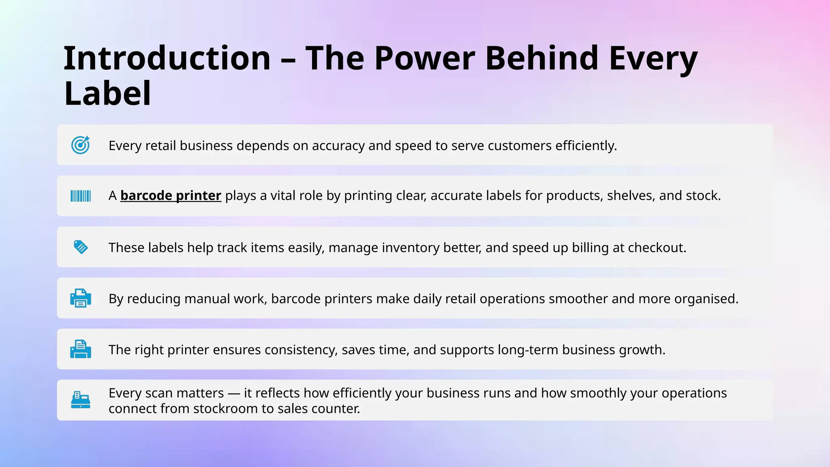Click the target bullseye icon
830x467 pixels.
click(80, 145)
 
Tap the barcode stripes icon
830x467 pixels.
click(81, 196)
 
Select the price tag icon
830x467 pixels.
click(81, 247)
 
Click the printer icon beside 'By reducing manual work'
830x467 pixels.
click(81, 298)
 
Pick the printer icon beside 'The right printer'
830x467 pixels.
click(81, 349)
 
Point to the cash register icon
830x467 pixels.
click(81, 400)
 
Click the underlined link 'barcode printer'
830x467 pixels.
click(171, 196)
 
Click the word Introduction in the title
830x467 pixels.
click(167, 58)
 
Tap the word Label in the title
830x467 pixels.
click(108, 94)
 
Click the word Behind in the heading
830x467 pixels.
click(541, 58)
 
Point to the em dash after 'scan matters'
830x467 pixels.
click(234, 393)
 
